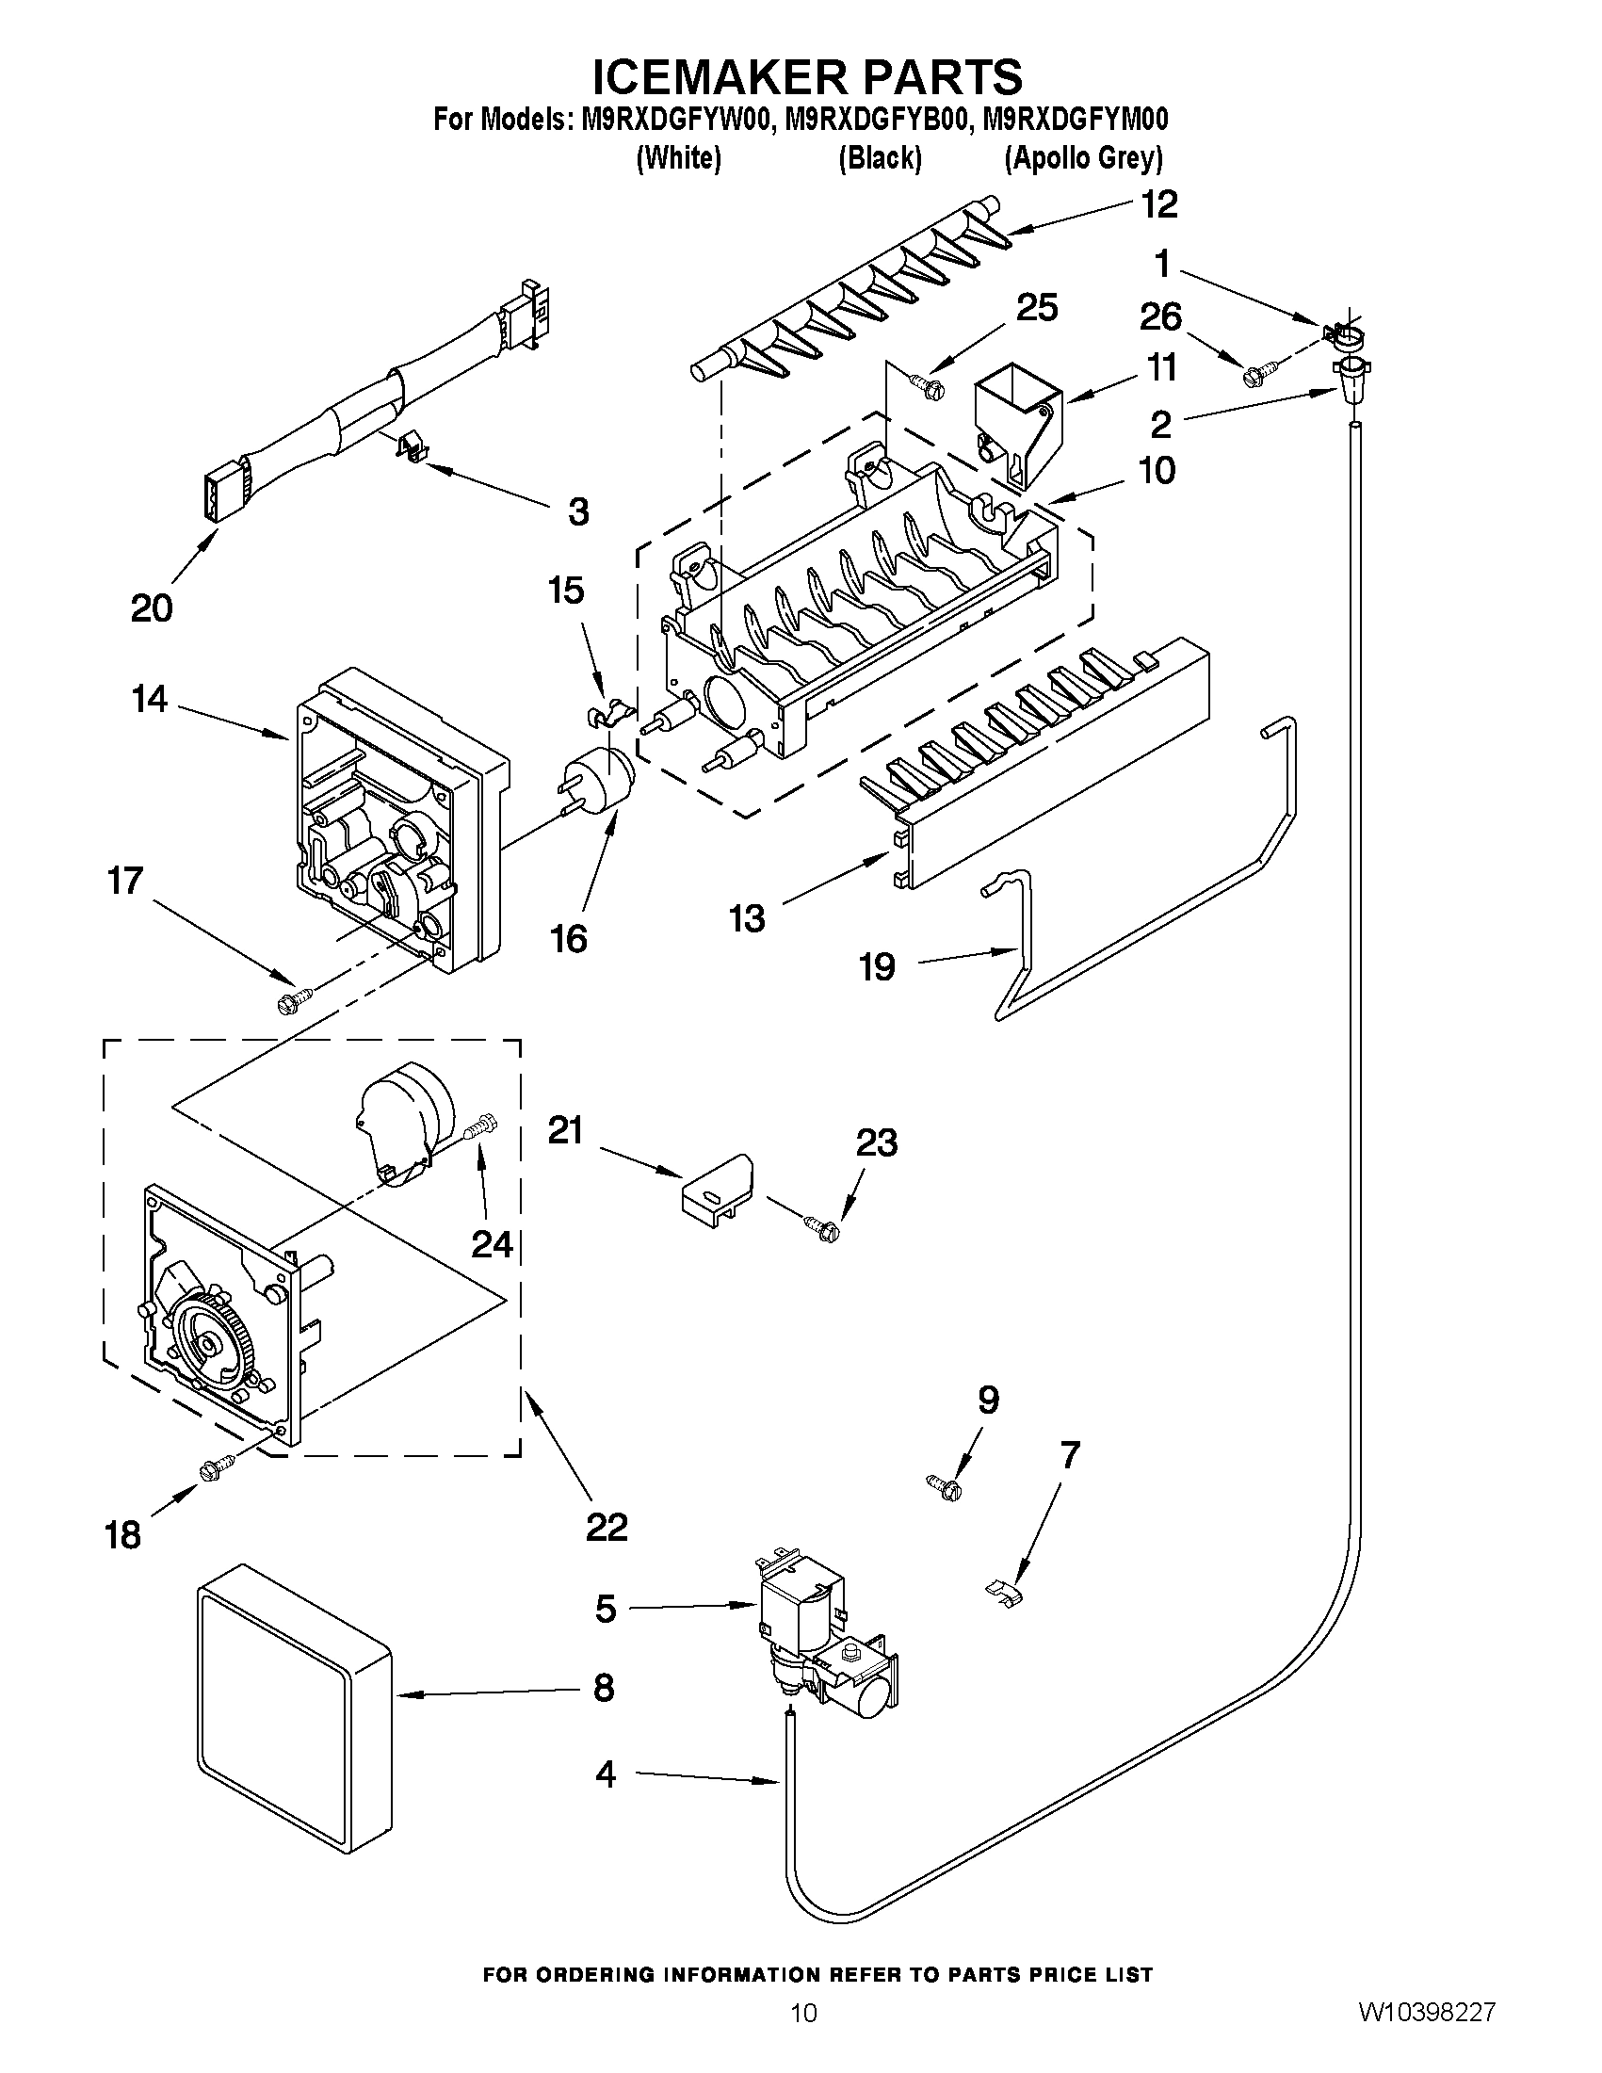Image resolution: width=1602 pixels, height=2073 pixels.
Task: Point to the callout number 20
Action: click(152, 607)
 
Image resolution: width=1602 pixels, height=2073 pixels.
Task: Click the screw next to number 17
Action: click(294, 999)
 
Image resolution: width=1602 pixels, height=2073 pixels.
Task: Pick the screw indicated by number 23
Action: click(823, 1229)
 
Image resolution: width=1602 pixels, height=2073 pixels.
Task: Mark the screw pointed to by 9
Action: click(945, 1486)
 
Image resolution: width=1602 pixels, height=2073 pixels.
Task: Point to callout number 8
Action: click(604, 1688)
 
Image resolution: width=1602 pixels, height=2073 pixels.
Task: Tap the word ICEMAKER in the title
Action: click(708, 78)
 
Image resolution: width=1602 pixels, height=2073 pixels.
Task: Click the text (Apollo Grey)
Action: click(1083, 157)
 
